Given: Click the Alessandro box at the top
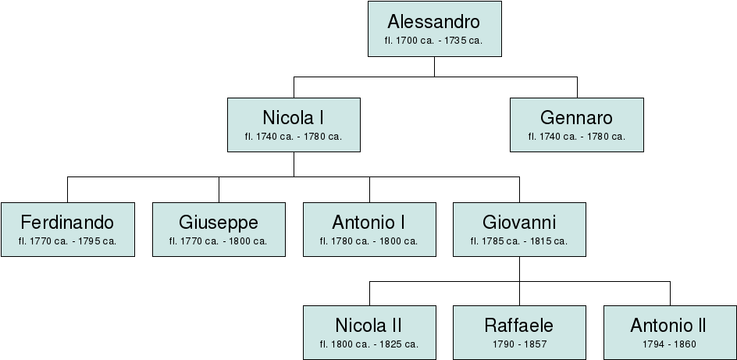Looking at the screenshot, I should [434, 30].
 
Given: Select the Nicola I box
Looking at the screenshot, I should [294, 125].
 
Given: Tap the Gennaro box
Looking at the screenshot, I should [576, 125].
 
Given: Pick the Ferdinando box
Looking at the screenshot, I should [67, 229].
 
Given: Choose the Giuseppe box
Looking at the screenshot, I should [218, 229].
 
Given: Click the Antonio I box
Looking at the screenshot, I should [368, 229].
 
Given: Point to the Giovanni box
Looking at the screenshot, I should [519, 229].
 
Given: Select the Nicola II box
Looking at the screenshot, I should [368, 333].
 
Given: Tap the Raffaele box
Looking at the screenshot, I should [519, 333].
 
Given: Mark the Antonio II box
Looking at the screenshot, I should [668, 333].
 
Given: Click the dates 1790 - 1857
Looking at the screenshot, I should [519, 344].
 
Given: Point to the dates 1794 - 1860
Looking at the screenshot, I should [668, 344].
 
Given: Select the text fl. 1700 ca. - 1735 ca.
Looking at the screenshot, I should [434, 40].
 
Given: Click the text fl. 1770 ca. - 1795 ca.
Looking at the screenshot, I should [67, 241].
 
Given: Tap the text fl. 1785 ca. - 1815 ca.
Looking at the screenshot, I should [519, 241].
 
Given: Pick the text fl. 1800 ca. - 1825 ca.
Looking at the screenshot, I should [368, 344].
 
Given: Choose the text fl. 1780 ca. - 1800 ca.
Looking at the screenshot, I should [368, 241].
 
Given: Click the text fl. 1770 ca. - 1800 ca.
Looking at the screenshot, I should [218, 241].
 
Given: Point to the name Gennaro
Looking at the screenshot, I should [576, 118].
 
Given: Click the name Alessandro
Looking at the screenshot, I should [434, 22].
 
